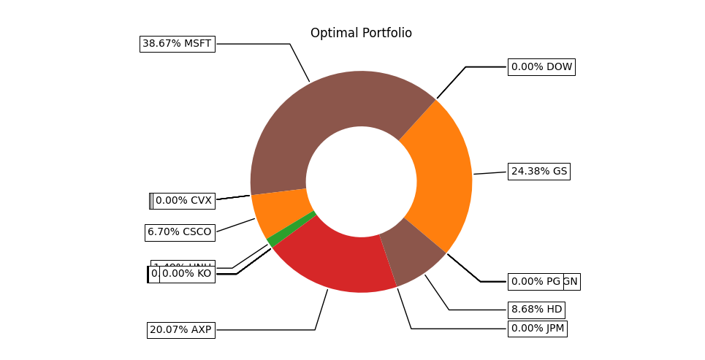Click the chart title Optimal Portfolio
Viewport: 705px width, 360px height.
pos(361,34)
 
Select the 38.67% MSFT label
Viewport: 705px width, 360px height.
pos(177,44)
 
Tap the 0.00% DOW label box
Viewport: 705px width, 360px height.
pos(541,67)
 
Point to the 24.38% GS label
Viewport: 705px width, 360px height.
pos(538,172)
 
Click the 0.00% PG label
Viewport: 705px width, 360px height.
pos(536,282)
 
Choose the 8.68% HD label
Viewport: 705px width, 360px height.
pos(536,310)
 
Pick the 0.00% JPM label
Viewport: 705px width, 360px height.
pos(537,329)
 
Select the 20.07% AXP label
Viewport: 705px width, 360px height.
pos(180,330)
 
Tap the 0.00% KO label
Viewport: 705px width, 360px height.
pos(187,274)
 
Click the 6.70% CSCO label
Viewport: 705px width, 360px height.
pos(179,232)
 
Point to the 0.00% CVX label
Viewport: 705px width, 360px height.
pos(183,201)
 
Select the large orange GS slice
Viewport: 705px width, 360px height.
pos(438,175)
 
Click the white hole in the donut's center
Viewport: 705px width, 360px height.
pos(361,182)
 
